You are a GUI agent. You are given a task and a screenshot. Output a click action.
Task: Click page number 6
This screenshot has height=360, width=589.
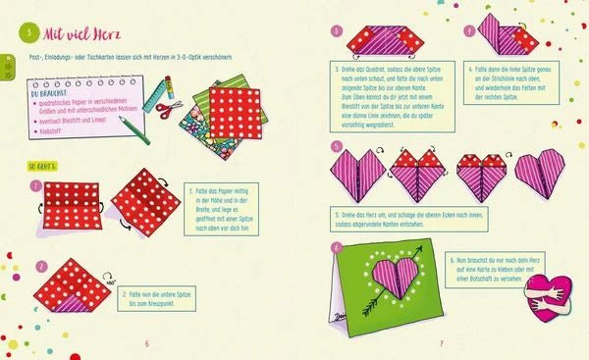pos(146,342)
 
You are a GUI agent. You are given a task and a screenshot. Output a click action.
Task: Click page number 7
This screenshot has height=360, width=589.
pos(441,342)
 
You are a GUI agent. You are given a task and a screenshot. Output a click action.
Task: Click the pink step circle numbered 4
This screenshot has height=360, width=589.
pos(469,30)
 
